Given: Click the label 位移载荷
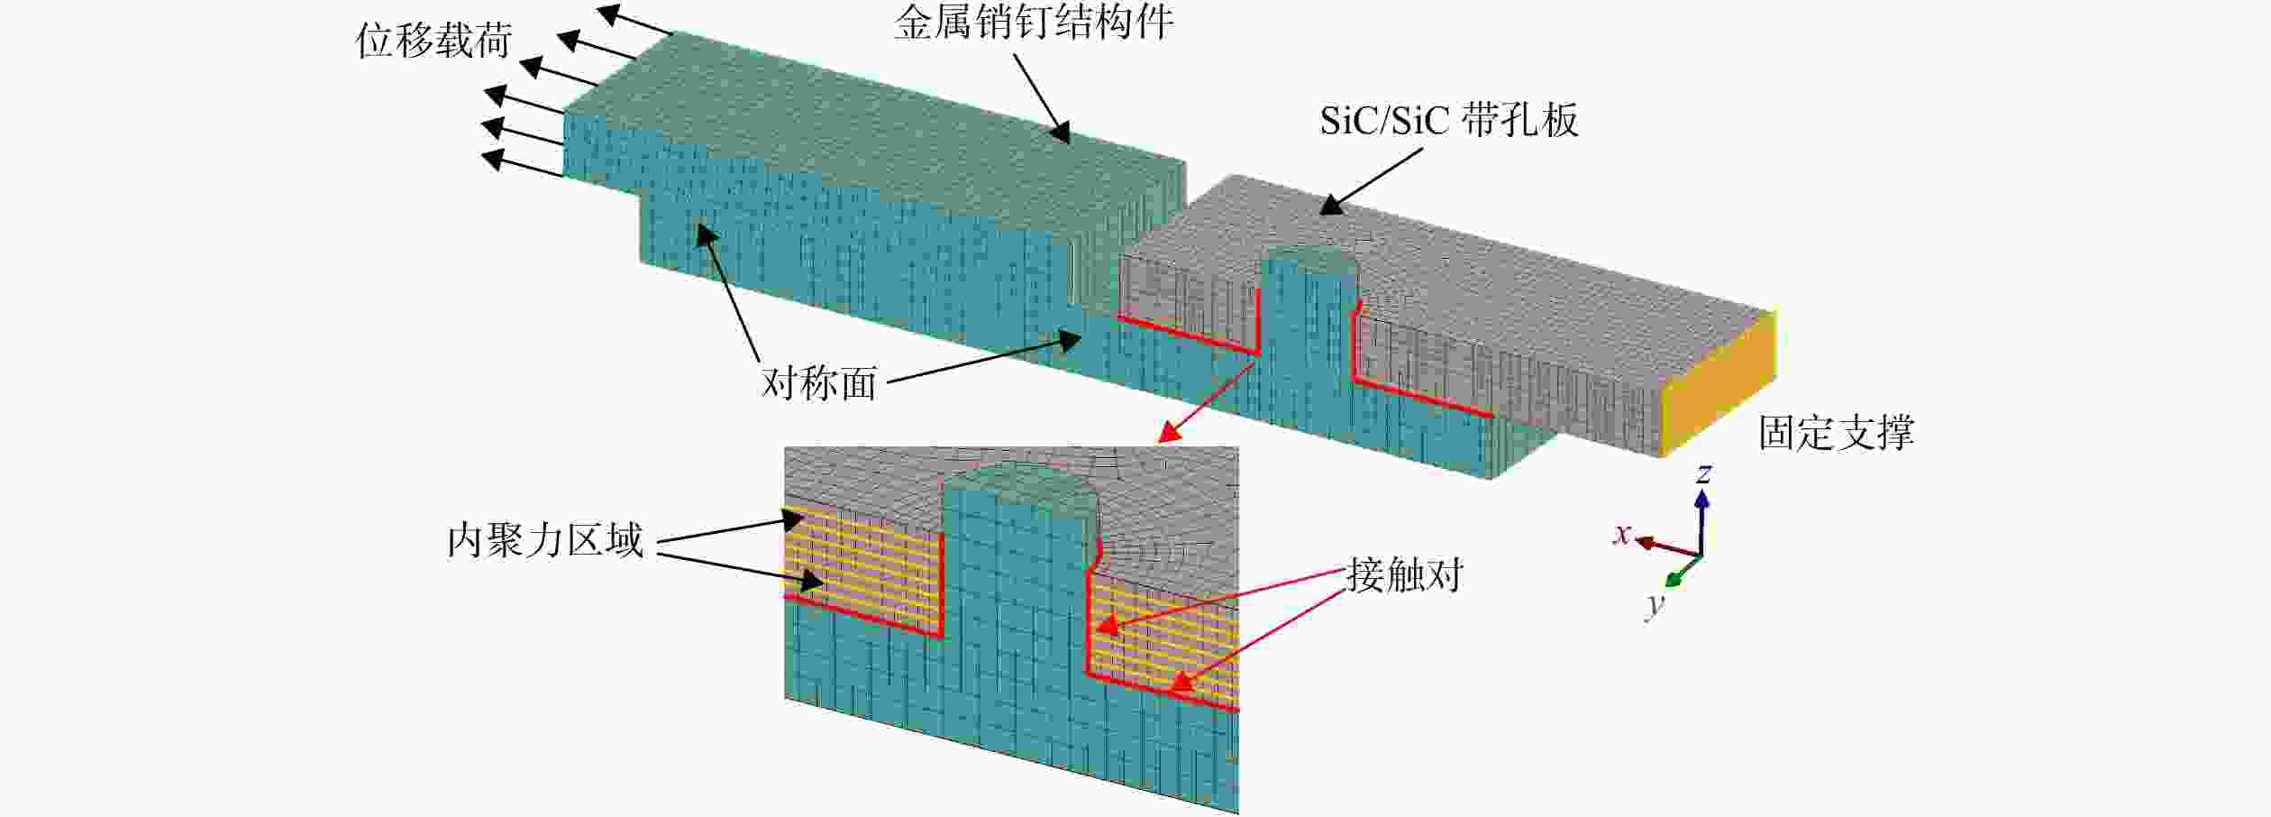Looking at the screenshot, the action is click(433, 41).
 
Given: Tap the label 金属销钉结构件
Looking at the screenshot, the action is click(1034, 22).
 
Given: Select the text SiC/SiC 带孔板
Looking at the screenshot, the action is click(1449, 121).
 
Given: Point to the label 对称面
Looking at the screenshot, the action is click(818, 383).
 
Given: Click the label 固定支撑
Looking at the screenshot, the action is click(1837, 433).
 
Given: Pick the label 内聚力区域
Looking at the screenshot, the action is click(545, 540).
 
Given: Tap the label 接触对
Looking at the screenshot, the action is click(1405, 574).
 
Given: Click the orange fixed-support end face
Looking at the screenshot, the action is click(1719, 383).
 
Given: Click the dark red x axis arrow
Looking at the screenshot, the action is click(1668, 547).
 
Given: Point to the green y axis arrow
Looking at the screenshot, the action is click(1683, 572).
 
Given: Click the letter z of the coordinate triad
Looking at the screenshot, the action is click(1703, 473).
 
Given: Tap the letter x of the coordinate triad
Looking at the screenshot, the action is click(1622, 534).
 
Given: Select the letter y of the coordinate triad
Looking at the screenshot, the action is click(1655, 605).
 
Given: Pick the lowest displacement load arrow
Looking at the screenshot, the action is click(522, 166).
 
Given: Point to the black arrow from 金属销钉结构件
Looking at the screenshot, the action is click(1042, 98).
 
